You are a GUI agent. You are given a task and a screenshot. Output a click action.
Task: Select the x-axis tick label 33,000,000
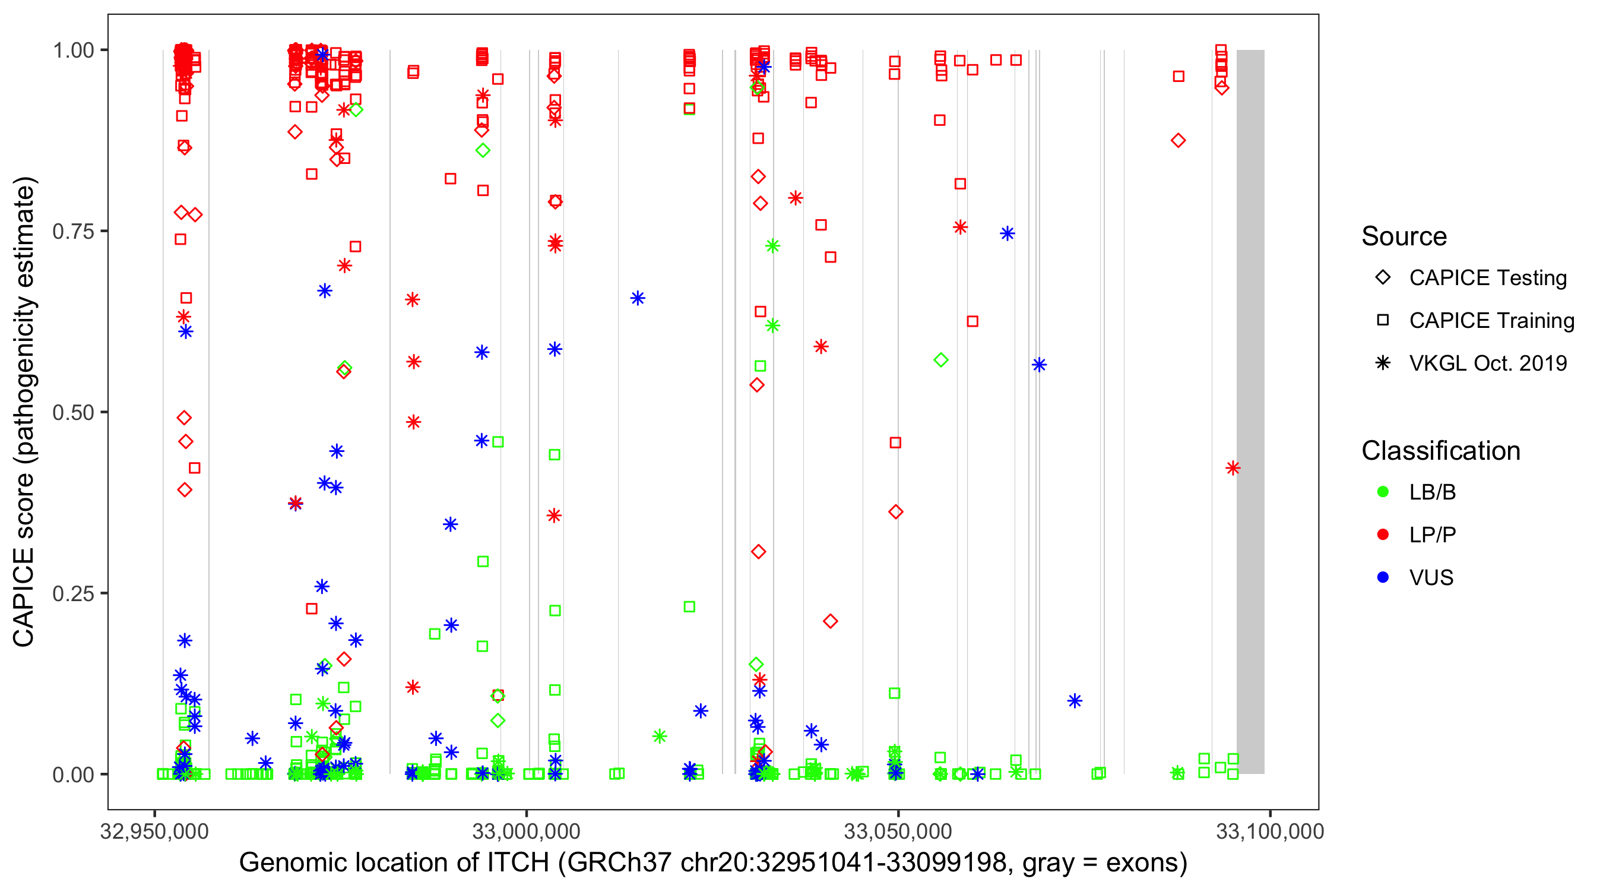pyautogui.click(x=526, y=831)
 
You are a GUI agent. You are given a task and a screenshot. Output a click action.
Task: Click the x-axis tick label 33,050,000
pyautogui.click(x=897, y=831)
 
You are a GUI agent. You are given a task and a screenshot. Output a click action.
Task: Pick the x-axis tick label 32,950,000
pyautogui.click(x=154, y=831)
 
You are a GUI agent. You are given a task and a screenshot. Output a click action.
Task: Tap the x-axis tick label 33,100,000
pyautogui.click(x=1269, y=831)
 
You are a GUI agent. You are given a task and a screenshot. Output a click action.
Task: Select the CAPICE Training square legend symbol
pyautogui.click(x=1383, y=321)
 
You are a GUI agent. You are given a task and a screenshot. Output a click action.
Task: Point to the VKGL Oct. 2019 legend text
pyautogui.click(x=1488, y=363)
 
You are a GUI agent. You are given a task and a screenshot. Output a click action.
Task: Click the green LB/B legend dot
pyautogui.click(x=1383, y=492)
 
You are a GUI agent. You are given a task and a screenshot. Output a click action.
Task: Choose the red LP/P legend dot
pyautogui.click(x=1383, y=535)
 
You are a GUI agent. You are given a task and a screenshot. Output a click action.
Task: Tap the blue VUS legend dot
pyautogui.click(x=1383, y=577)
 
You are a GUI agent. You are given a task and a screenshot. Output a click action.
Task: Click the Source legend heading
pyautogui.click(x=1404, y=236)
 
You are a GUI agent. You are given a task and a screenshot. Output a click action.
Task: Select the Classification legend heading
pyautogui.click(x=1440, y=451)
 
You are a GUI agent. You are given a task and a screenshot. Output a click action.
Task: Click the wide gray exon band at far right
pyautogui.click(x=1250, y=411)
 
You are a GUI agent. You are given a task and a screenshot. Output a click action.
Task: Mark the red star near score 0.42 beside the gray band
pyautogui.click(x=1233, y=468)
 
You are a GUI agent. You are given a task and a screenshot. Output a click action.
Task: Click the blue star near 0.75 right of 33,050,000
pyautogui.click(x=1008, y=233)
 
